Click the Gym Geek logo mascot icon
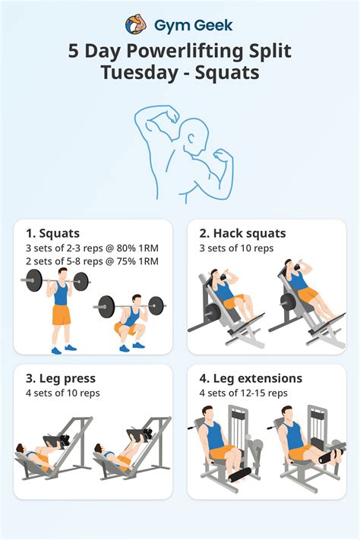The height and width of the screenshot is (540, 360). [136, 25]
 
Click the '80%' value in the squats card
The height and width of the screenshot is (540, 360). [125, 248]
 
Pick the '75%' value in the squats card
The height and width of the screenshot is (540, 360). [125, 261]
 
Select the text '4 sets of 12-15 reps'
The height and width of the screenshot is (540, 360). [243, 393]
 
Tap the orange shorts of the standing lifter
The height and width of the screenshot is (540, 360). [61, 314]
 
